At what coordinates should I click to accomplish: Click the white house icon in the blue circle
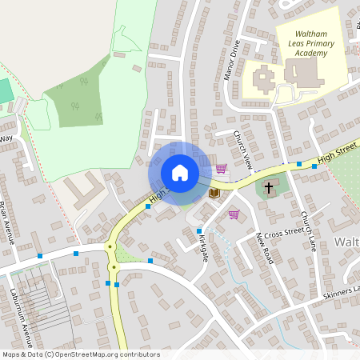point(180,173)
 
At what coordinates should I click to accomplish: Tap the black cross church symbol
point(269,190)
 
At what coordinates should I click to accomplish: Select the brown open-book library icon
point(214,193)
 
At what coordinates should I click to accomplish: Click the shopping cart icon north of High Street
point(221,168)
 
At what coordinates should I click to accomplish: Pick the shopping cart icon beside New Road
point(234,214)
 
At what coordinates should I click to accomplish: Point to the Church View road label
point(243,149)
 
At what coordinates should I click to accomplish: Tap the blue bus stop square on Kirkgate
point(199,231)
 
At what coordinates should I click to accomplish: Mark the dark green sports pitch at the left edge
point(6,90)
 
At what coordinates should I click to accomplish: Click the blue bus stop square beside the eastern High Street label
point(300,164)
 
